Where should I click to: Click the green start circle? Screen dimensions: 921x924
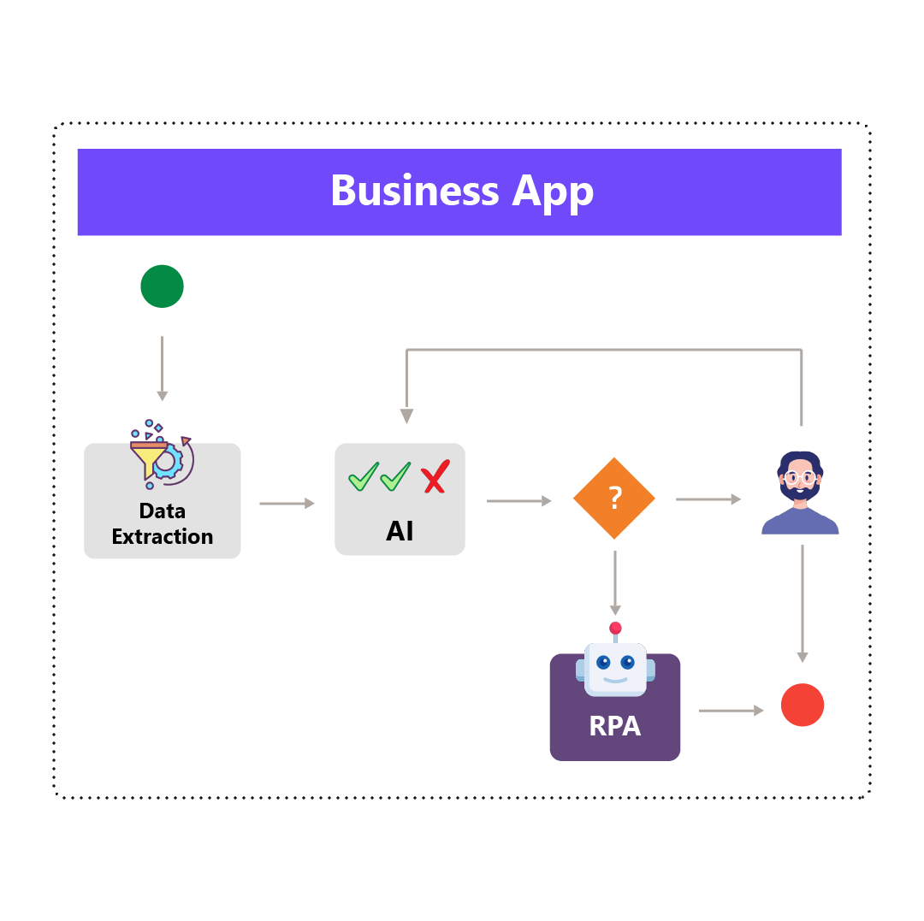point(162,286)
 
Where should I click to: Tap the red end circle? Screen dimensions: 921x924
point(803,706)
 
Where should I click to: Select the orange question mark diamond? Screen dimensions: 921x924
point(614,498)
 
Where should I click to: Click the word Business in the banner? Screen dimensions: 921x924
point(414,191)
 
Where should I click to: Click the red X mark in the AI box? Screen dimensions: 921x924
point(435,476)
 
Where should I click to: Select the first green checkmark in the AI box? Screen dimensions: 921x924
point(364,476)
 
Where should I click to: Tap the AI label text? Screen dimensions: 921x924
point(400,531)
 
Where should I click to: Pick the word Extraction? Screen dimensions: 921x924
point(163,537)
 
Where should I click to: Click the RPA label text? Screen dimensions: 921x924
point(614,726)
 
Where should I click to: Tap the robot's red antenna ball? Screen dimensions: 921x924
point(615,628)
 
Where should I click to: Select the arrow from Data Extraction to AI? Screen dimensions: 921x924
point(287,504)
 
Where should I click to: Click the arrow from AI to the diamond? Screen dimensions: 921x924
point(518,501)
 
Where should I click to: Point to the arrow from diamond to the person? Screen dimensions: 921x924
point(708,499)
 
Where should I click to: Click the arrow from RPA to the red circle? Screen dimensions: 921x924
point(731,711)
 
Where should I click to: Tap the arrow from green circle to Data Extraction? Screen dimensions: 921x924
point(162,369)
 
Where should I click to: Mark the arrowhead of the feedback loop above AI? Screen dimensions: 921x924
point(406,416)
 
